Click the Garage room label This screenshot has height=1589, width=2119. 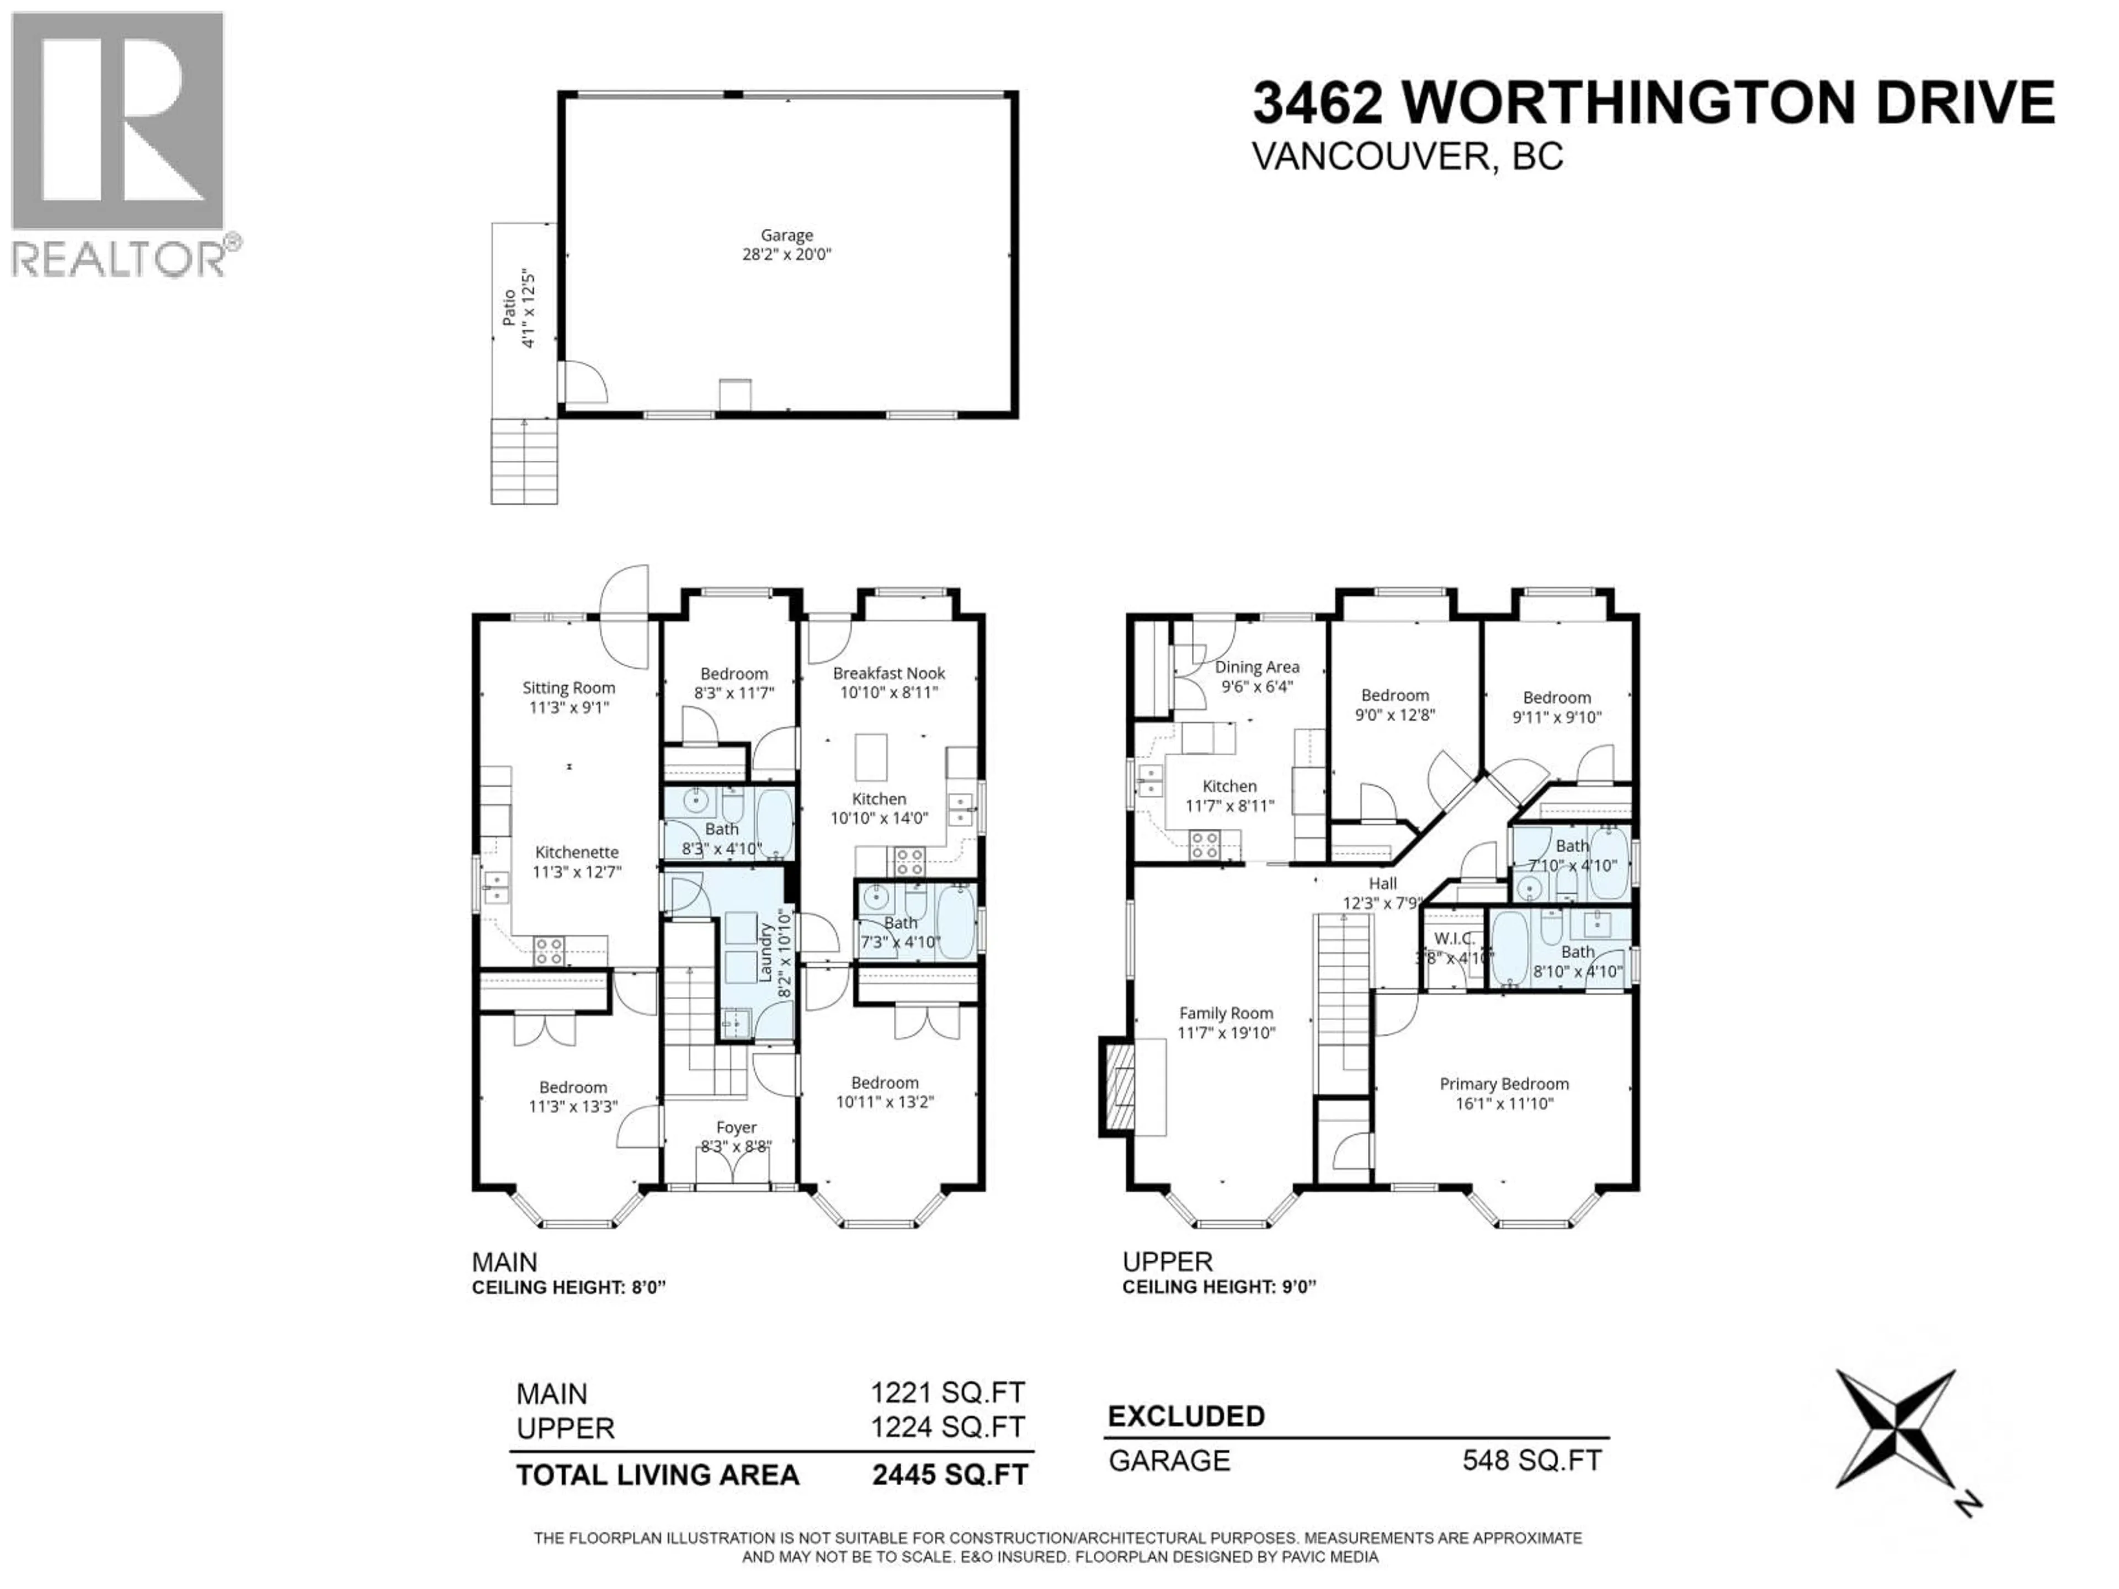(786, 234)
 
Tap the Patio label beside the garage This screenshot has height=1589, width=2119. (510, 308)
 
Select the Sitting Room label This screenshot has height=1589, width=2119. (568, 687)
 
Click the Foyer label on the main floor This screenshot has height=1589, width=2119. (736, 1127)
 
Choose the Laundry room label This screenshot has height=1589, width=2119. (765, 953)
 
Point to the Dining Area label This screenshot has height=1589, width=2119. (1257, 666)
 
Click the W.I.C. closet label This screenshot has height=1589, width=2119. (1453, 939)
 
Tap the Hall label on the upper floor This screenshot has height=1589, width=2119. (1382, 883)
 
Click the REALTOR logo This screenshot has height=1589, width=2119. (120, 143)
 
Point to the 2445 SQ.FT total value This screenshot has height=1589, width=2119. (949, 1475)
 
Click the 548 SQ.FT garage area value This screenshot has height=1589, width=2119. (1531, 1460)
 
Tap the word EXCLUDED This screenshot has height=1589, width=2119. (1186, 1416)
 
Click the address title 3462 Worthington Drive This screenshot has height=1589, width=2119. (1653, 103)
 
